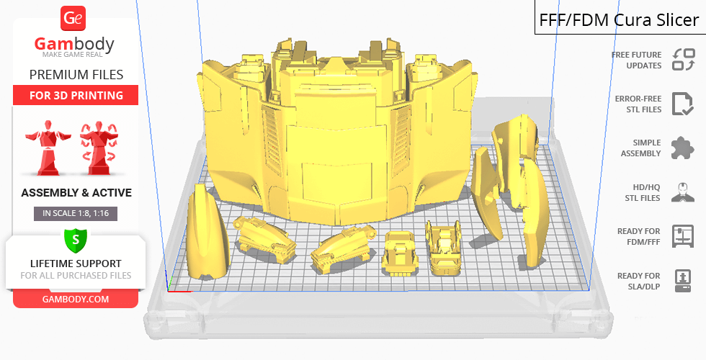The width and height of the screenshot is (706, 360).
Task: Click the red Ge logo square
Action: click(73, 19)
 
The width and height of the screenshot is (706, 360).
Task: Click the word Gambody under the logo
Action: click(74, 44)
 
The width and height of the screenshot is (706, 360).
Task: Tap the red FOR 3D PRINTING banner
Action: click(76, 95)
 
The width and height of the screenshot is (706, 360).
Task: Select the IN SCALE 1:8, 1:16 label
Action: click(76, 213)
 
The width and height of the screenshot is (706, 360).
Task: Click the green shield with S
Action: click(76, 240)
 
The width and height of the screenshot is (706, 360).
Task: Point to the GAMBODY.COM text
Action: click(76, 300)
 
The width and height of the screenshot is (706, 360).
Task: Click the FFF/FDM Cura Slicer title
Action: click(619, 20)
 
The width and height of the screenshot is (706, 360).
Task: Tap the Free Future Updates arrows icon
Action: click(684, 60)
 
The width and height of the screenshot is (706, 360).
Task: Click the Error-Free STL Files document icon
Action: click(683, 104)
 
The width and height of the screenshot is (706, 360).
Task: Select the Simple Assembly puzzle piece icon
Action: click(683, 148)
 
